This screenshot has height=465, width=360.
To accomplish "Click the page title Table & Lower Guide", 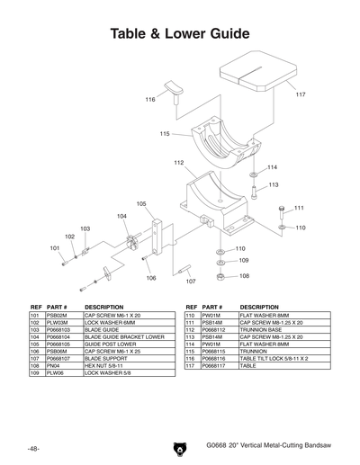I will pos(179,34).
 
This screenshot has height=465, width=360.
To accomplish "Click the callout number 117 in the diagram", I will pos(300,94).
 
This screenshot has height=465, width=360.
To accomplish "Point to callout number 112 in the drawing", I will pos(179,163).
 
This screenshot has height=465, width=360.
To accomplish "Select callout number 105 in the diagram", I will pos(141,204).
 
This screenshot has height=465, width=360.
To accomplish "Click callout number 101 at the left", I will pos(55,247).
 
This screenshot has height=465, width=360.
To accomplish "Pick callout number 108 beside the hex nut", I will pos(243,275).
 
